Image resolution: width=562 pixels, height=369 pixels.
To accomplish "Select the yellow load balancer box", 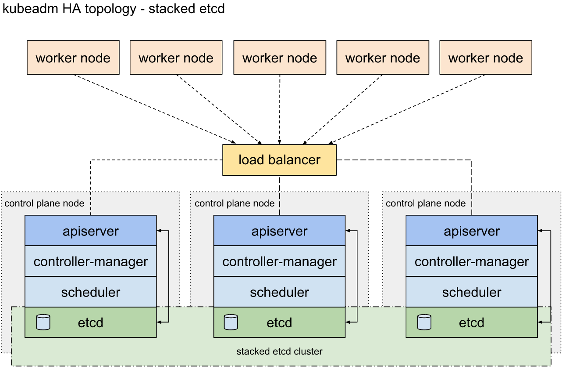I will pos(279,160).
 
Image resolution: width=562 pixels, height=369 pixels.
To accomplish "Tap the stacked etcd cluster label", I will pos(279,351).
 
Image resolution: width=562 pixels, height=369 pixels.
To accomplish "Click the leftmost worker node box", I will pos(73,58).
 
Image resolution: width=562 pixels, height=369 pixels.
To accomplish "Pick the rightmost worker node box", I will pos(485,58).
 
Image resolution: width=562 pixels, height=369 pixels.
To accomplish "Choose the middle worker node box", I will pos(279,58).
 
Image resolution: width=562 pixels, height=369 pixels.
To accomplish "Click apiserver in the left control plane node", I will pos(90,231).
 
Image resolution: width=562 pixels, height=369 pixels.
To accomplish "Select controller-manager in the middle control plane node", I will pos(279,261).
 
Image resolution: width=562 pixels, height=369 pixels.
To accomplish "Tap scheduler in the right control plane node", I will pos(471,292).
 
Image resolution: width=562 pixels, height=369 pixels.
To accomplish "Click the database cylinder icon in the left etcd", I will pos(43,322).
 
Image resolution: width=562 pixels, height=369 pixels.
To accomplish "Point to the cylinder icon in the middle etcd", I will pos(231,322).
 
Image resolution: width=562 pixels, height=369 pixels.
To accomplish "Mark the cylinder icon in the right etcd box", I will pos(424,322).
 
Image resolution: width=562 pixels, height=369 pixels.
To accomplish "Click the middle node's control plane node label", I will pos(235,203).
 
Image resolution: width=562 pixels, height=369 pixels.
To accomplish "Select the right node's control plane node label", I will pos(426,203).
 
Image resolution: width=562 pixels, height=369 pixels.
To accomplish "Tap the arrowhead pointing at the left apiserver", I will pos(159,231).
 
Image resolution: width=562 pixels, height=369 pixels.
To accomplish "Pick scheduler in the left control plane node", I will pos(90,292).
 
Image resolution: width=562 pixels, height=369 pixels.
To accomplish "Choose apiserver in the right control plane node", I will pos(471,231).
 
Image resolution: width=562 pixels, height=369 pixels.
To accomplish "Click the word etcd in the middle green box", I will pos(279,323).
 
